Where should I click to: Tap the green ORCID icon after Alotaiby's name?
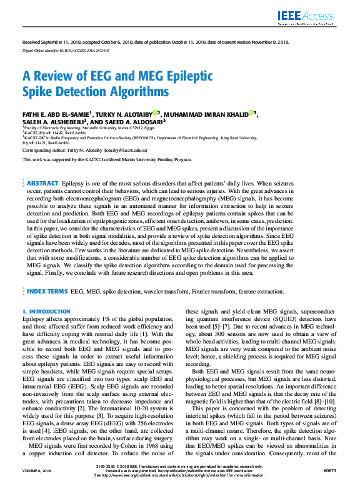pos(157,112)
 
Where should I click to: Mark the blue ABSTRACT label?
pos(42,165)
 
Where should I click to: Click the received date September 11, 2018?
pos(57,42)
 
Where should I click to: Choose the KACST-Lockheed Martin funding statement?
pos(106,159)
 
